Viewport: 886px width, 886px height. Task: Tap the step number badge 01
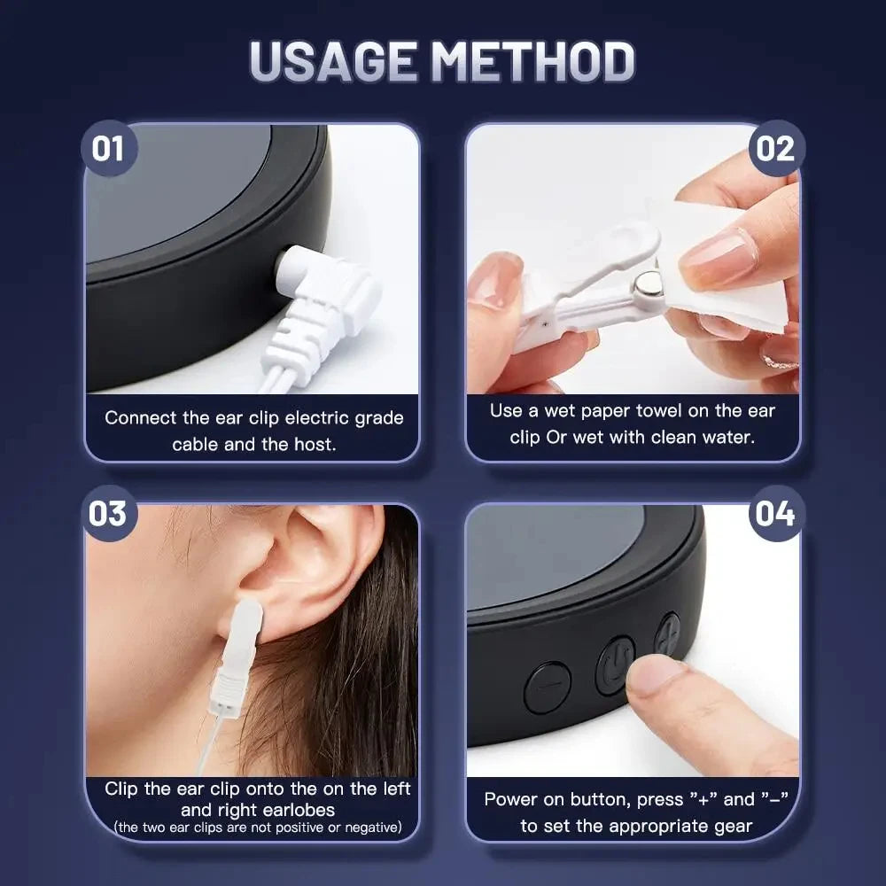tap(108, 148)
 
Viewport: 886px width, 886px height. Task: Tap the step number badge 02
tap(776, 148)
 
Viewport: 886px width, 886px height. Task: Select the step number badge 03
tap(108, 514)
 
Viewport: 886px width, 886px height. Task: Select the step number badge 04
tap(776, 514)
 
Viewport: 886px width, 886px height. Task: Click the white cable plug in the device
tap(323, 297)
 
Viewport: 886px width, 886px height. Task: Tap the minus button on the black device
tap(547, 687)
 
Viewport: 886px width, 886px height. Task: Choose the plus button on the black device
tap(667, 633)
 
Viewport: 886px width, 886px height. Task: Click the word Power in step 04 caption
tap(512, 799)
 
